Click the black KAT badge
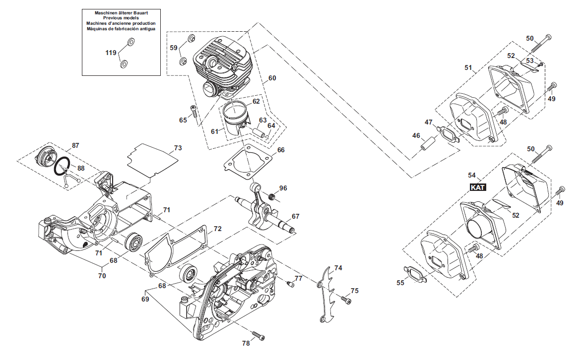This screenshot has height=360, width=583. (x=478, y=187)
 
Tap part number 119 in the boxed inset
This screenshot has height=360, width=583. (x=111, y=53)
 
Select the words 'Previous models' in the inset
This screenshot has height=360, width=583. (x=121, y=18)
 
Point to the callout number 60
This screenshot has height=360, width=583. (x=272, y=78)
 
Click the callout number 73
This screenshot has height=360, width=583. (x=178, y=148)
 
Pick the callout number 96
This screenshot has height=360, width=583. (x=283, y=188)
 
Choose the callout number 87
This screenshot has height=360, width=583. (x=75, y=146)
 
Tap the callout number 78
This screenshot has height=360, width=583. (x=246, y=343)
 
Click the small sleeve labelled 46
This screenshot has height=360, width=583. (x=428, y=143)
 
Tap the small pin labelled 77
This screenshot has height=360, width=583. (x=290, y=284)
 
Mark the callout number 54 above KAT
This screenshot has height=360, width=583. (x=472, y=175)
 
